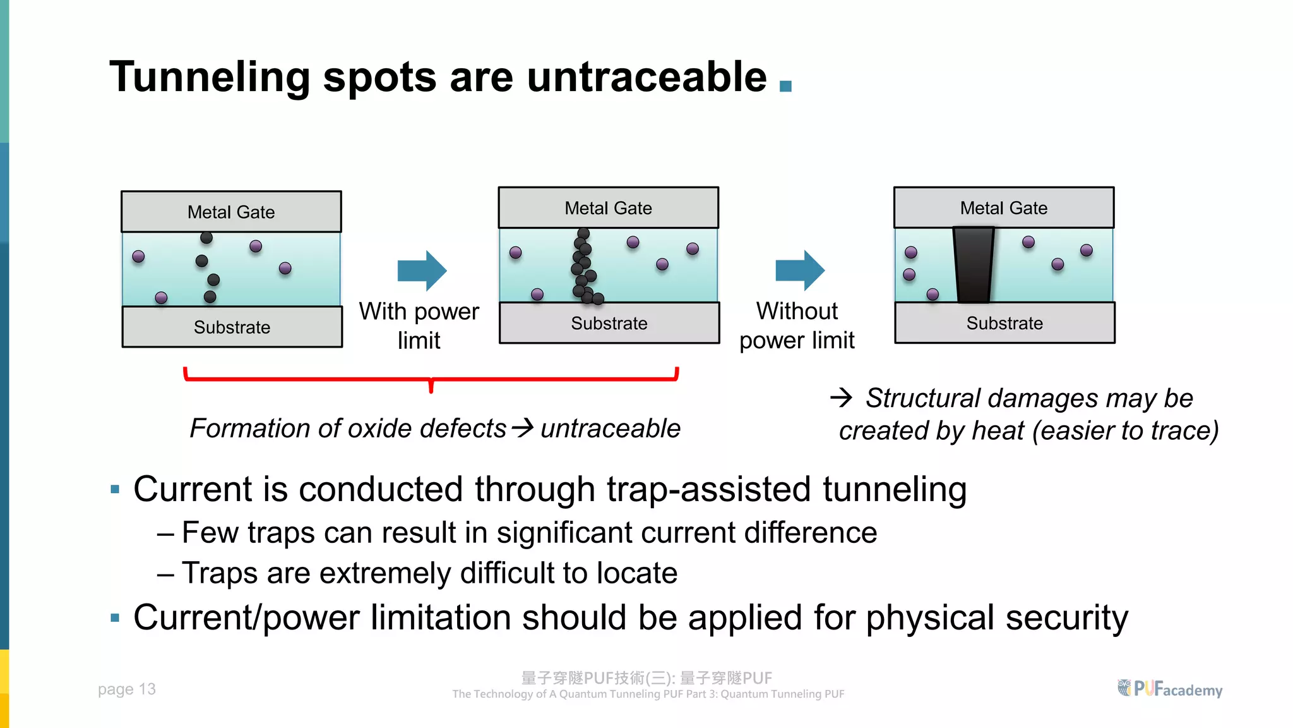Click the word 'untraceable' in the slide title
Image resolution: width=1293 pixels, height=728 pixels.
click(646, 77)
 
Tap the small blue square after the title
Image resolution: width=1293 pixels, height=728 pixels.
click(785, 86)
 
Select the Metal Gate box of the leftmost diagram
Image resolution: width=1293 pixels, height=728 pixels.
click(231, 212)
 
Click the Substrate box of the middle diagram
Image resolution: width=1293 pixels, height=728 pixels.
click(609, 323)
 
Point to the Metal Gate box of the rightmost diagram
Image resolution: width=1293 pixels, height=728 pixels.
click(1003, 208)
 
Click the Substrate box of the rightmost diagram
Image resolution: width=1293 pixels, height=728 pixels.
click(1004, 323)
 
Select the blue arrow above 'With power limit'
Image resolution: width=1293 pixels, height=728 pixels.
click(422, 270)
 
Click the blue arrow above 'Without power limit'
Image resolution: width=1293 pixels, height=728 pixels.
click(799, 270)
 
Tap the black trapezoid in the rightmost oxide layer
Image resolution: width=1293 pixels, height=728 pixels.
click(974, 265)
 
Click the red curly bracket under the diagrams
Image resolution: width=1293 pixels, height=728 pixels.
click(431, 379)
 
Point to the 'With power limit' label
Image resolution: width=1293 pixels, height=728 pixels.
click(419, 325)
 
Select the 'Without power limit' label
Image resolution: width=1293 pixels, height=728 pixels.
click(797, 325)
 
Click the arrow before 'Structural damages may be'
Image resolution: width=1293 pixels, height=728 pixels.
click(841, 397)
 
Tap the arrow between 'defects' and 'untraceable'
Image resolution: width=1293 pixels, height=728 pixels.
click(523, 428)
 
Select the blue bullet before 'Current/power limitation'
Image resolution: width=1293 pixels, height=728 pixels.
click(115, 617)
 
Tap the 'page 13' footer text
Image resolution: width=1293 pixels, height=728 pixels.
click(126, 689)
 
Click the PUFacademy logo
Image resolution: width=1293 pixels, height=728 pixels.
click(1169, 688)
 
